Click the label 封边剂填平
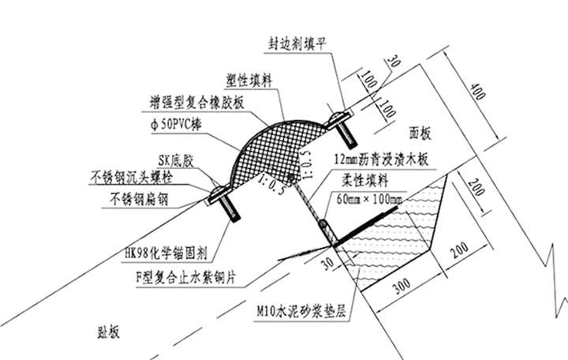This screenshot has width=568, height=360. [297, 44]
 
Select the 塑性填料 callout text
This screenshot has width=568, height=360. [248, 81]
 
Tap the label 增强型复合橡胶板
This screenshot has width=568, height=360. [196, 103]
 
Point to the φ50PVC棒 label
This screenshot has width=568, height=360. [176, 125]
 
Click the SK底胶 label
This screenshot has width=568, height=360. [176, 161]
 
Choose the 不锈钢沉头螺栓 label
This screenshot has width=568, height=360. [131, 178]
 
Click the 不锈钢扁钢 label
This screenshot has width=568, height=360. [139, 200]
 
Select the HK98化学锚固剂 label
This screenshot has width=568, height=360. [166, 253]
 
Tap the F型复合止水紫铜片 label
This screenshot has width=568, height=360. [186, 278]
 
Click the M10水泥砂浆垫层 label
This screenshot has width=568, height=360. [301, 311]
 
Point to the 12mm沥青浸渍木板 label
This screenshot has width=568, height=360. [381, 159]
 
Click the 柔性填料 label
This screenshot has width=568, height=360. [365, 180]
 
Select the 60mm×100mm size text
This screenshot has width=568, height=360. [369, 199]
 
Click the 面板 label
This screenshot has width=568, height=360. [420, 133]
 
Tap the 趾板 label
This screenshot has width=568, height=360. [108, 332]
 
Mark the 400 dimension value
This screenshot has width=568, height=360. [477, 92]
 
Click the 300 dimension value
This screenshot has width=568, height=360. [402, 286]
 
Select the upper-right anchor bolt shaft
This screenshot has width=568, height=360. [347, 134]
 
